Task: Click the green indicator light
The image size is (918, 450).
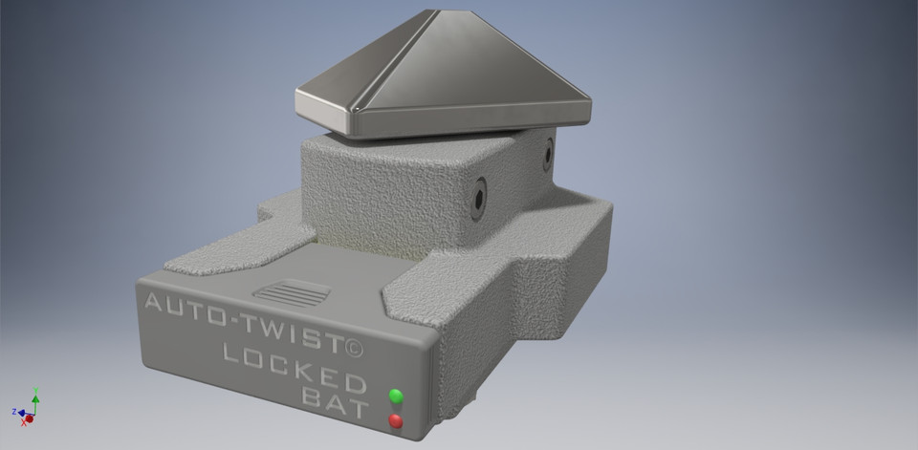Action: click(396, 396)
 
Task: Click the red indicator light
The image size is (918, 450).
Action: click(395, 421)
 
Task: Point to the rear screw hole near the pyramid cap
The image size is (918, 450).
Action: click(548, 154)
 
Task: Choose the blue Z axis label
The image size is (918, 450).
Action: click(13, 411)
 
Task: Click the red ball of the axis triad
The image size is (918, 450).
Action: click(31, 418)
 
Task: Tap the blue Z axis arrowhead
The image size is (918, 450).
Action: click(21, 413)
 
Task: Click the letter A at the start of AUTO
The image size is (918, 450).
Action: click(152, 305)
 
